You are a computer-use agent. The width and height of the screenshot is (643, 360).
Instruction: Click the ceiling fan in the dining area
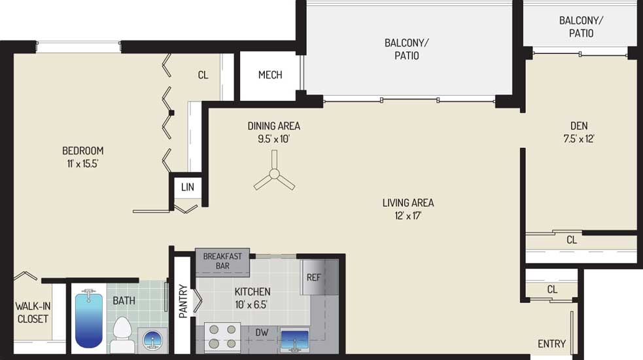(x=274, y=175)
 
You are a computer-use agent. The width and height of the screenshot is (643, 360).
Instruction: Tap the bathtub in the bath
(x=88, y=319)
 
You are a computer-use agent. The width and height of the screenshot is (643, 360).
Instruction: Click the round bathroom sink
(x=152, y=340)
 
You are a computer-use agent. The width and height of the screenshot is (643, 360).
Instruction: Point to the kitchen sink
(x=294, y=340)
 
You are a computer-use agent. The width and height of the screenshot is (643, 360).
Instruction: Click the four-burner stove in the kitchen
(x=222, y=336)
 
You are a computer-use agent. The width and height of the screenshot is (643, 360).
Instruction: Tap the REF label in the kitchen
(x=314, y=278)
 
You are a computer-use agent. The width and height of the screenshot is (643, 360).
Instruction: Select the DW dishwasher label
(x=262, y=333)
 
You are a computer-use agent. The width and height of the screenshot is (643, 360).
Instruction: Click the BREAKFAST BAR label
(x=222, y=261)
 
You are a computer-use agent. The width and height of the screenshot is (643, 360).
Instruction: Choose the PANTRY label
(x=183, y=301)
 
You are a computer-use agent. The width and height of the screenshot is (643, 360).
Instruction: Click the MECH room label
(x=270, y=75)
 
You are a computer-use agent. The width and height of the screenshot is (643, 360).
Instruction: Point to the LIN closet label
(x=187, y=187)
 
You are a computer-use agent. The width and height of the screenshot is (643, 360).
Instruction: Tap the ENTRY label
(x=551, y=344)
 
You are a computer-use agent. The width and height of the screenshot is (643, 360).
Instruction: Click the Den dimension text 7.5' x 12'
(x=579, y=139)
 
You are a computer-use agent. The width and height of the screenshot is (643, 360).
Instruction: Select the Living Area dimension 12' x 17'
(x=408, y=215)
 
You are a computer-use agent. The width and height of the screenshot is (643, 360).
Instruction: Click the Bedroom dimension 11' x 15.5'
(x=83, y=164)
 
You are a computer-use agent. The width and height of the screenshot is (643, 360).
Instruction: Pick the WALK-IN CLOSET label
(x=33, y=312)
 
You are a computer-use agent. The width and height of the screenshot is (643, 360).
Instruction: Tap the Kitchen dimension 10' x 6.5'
(x=251, y=304)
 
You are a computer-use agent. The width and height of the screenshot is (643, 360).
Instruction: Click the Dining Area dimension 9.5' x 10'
(x=273, y=139)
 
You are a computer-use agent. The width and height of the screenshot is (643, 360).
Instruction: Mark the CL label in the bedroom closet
(x=203, y=75)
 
